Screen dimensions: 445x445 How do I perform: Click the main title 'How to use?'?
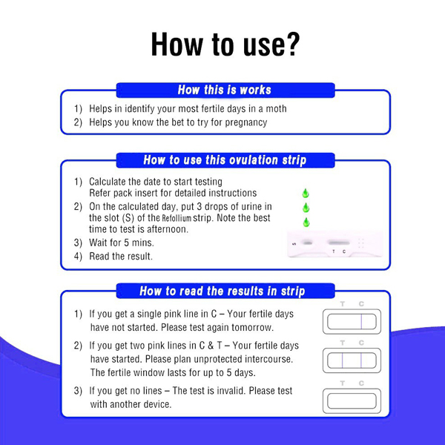[225, 44]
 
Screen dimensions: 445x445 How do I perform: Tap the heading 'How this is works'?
[225, 90]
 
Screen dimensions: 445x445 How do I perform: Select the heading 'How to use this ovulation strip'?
[225, 159]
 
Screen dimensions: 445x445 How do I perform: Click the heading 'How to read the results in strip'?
[222, 291]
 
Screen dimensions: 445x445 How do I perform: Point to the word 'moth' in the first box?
[276, 109]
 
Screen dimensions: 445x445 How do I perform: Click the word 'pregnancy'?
[246, 122]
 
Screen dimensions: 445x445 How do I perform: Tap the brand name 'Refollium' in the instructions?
[177, 218]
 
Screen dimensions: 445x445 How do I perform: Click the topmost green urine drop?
[306, 193]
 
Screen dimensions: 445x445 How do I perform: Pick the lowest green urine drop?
[306, 222]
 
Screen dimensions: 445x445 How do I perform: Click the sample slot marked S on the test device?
[306, 243]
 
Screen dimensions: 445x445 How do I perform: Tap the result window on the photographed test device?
[339, 243]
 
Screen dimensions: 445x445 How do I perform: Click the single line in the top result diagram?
[361, 322]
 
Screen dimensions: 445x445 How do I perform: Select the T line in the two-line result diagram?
[343, 360]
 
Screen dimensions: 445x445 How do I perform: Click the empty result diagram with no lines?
[352, 400]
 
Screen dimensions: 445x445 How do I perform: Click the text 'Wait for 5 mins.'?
[122, 243]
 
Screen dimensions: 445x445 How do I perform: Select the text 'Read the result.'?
[121, 257]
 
